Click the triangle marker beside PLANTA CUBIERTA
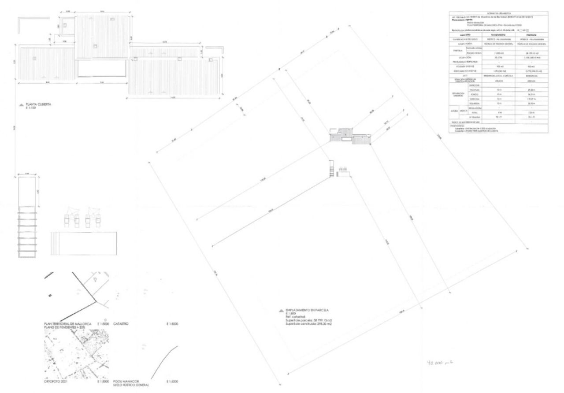[x=20, y=105]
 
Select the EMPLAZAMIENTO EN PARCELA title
[x=308, y=310]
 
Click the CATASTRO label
[x=121, y=324]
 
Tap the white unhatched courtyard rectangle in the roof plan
[x=102, y=69]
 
